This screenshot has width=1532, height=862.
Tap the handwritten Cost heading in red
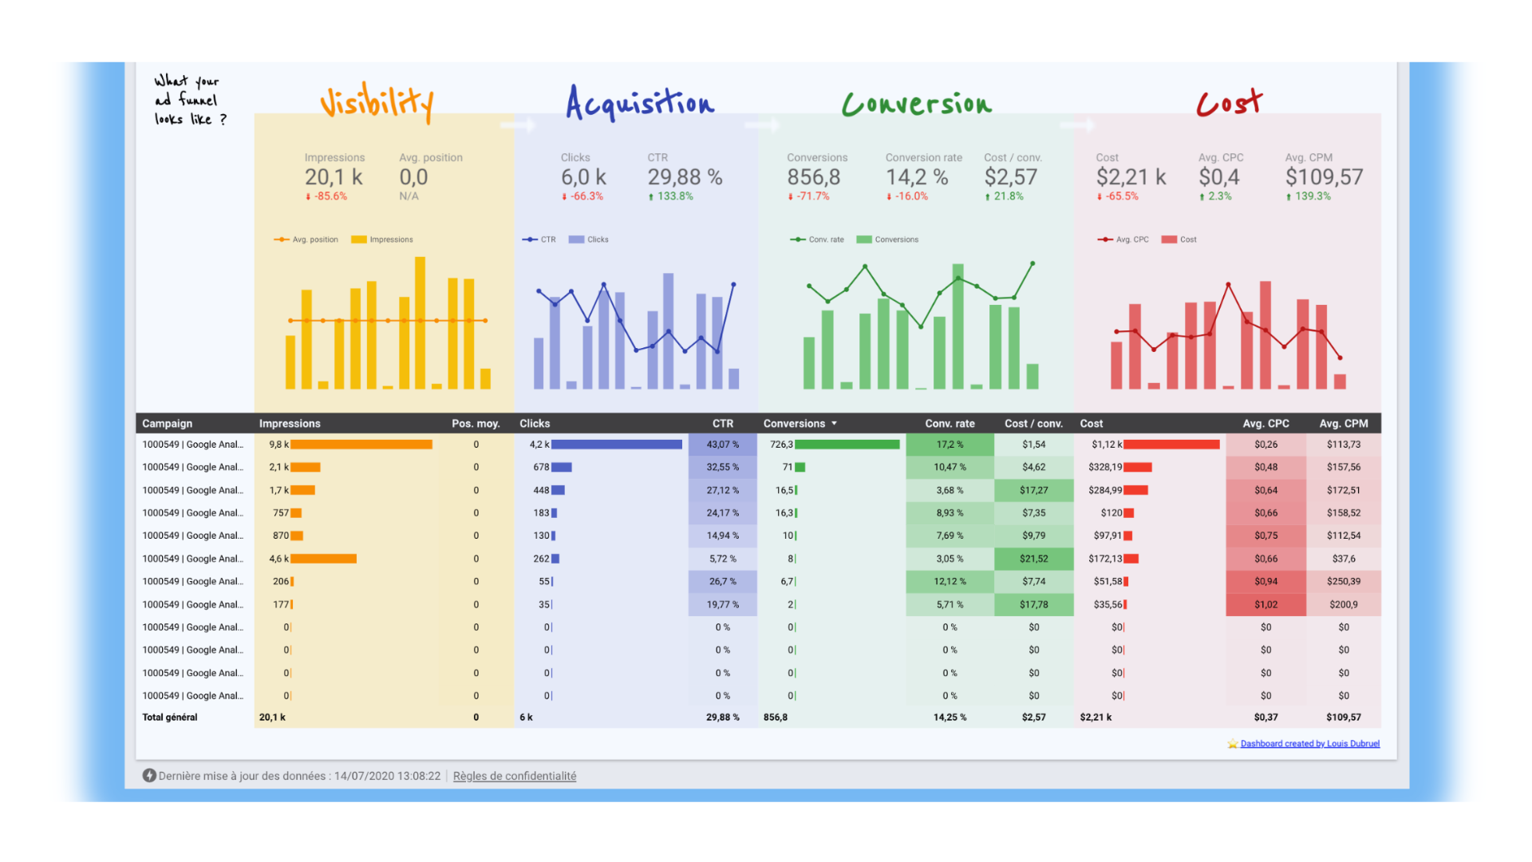pos(1229,103)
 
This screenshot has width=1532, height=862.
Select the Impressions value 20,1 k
pos(334,177)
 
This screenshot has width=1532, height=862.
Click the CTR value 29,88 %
pos(685,177)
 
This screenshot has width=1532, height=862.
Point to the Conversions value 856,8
pos(814,177)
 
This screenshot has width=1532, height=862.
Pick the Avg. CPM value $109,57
pos(1324,177)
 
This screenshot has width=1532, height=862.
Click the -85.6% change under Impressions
pos(327,196)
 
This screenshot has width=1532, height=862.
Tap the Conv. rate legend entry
pos(818,239)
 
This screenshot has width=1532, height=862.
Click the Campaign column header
pos(168,424)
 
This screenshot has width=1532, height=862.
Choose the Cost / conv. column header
pos(1033,424)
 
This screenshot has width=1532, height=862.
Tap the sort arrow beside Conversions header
pos(835,424)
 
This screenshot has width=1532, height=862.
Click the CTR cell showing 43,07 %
pos(723,445)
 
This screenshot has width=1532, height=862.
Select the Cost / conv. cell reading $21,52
pos(1034,559)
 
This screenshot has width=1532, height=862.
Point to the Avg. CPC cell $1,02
pos(1265,605)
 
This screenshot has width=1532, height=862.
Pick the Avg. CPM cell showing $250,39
pos(1344,582)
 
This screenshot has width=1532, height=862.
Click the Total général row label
pos(170,718)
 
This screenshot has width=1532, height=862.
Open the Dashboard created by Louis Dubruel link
pos(1309,744)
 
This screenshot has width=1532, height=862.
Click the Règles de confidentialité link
pos(515,776)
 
